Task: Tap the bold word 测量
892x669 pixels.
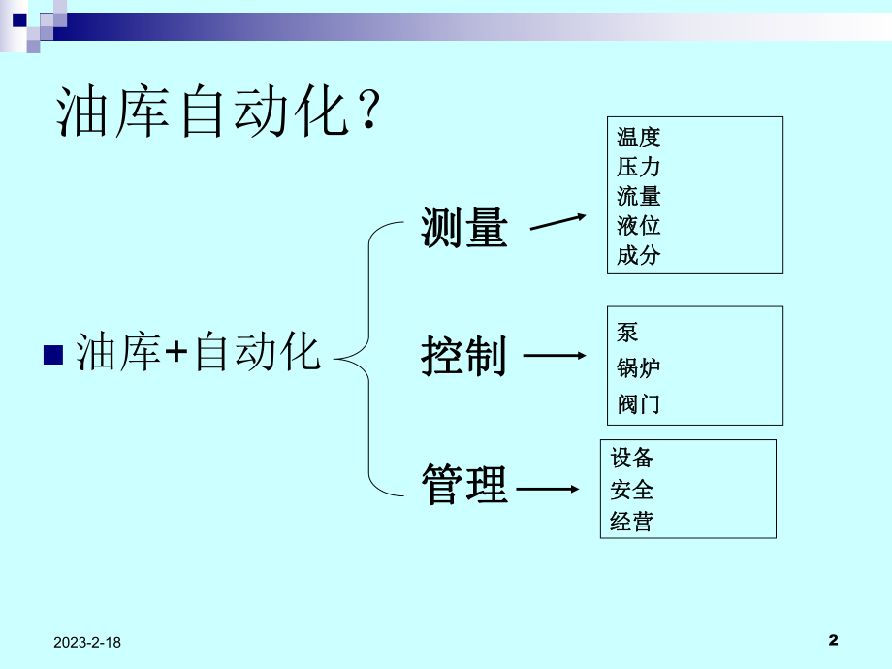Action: [464, 229]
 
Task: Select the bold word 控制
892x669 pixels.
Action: [464, 356]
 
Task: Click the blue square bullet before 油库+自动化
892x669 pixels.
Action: [54, 352]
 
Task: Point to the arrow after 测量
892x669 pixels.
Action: [557, 223]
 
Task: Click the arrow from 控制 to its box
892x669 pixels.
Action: [555, 357]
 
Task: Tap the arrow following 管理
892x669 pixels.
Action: [548, 490]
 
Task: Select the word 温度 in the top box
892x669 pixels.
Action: [639, 138]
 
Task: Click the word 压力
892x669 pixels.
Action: [639, 167]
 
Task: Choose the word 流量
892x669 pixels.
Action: [639, 197]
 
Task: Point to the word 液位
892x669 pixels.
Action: [639, 226]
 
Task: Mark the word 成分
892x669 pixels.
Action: [639, 256]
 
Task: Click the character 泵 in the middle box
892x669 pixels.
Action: [628, 333]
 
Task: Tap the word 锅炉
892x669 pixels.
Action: [639, 367]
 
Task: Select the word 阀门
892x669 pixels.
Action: [639, 403]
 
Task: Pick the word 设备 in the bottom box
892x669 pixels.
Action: [632, 458]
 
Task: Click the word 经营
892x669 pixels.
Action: [632, 523]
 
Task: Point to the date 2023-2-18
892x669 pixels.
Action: [88, 642]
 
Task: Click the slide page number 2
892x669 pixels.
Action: [834, 640]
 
